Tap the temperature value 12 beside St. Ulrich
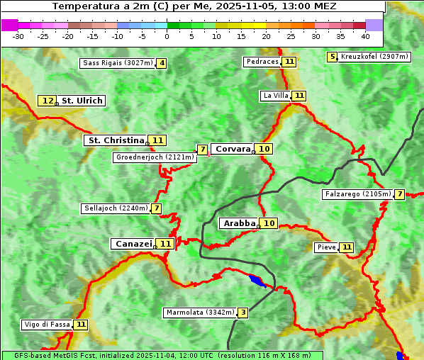(x=48, y=101)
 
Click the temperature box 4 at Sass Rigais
(x=162, y=63)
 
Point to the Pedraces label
(x=262, y=62)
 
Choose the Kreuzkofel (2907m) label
(x=374, y=57)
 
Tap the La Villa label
(x=275, y=96)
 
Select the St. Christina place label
(x=115, y=140)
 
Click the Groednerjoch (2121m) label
(x=155, y=157)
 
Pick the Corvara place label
(x=233, y=149)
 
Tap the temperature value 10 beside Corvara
(x=264, y=149)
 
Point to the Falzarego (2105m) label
(x=357, y=194)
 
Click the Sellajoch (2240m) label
(x=116, y=208)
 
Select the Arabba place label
(x=239, y=223)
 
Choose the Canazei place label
(x=133, y=244)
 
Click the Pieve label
(x=326, y=247)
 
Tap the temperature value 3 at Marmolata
(x=243, y=313)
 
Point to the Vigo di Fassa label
(x=48, y=325)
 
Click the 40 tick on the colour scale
(x=365, y=35)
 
